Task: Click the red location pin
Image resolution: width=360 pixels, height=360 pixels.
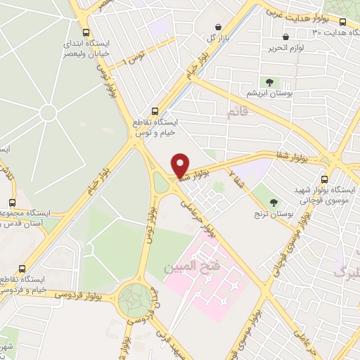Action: pyautogui.click(x=181, y=166)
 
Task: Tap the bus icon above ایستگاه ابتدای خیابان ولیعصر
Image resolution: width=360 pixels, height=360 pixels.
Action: pyautogui.click(x=86, y=32)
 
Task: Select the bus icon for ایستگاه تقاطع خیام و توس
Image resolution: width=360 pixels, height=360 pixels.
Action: pyautogui.click(x=155, y=110)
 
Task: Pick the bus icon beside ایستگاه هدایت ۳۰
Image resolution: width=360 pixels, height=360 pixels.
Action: pyautogui.click(x=342, y=22)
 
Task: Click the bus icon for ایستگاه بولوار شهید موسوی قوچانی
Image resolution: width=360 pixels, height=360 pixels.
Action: pyautogui.click(x=324, y=179)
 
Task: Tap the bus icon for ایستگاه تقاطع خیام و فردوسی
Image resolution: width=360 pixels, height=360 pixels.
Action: pyautogui.click(x=22, y=269)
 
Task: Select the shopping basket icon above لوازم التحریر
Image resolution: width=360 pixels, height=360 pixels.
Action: pyautogui.click(x=285, y=37)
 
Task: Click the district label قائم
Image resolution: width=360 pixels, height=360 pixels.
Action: pyautogui.click(x=238, y=112)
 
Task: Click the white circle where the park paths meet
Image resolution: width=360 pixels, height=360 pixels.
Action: pyautogui.click(x=48, y=112)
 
